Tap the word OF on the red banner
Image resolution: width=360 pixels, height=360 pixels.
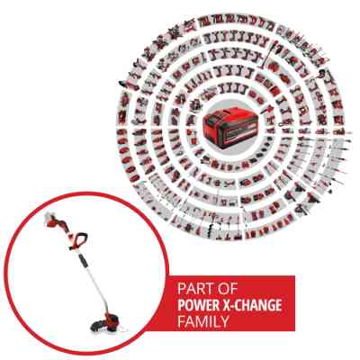228,289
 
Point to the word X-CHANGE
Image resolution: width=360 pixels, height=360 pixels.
252,305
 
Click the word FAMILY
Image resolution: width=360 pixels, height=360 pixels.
203,321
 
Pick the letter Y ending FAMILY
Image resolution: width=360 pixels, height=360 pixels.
224,321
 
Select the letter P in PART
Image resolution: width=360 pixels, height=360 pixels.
182,289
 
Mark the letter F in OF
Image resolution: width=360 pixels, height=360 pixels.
234,289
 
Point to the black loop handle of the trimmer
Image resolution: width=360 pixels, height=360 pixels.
78,240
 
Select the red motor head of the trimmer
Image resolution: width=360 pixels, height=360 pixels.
113,320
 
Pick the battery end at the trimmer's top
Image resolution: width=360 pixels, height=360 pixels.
50,219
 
